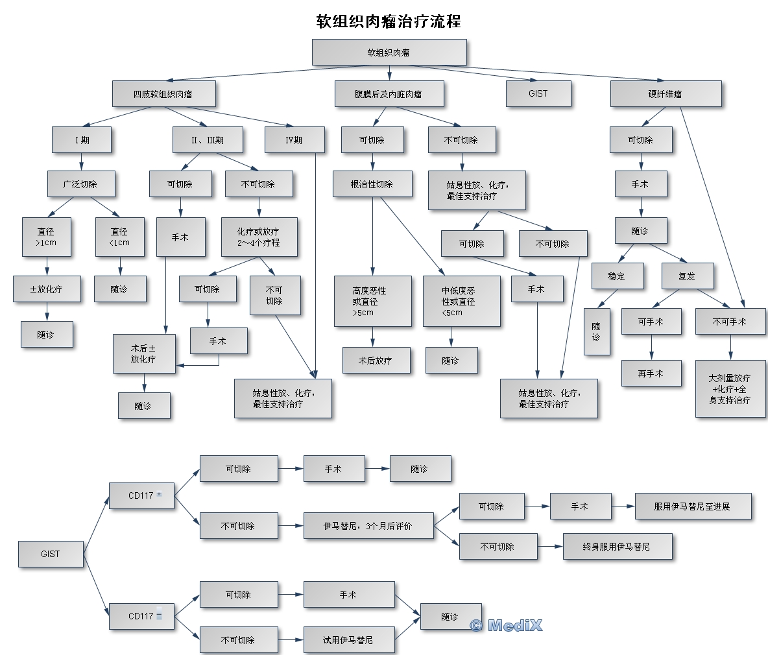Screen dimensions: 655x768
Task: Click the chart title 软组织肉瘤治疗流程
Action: tap(389, 21)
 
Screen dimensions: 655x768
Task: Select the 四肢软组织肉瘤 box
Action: tap(163, 94)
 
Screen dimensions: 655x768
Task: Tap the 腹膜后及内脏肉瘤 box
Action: tap(389, 94)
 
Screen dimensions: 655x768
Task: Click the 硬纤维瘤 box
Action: tap(666, 94)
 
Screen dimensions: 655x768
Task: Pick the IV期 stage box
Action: tap(294, 140)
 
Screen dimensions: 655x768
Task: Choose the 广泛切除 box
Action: tap(80, 184)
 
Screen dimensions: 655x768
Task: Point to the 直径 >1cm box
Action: tap(47, 237)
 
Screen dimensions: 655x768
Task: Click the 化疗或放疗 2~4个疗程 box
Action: tap(259, 237)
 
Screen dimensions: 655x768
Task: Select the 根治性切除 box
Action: tap(372, 184)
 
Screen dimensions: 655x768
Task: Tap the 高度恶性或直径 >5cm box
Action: tap(372, 301)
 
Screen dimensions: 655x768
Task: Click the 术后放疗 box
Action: tap(376, 361)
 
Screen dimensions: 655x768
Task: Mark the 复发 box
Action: tap(687, 276)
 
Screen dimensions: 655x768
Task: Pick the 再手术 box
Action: tap(651, 374)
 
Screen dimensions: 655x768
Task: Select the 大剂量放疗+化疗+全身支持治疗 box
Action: tap(730, 389)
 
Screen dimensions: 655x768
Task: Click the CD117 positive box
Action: tap(141, 495)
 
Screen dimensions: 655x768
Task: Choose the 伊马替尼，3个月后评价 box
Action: tap(368, 526)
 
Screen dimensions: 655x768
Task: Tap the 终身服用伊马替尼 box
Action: tap(617, 547)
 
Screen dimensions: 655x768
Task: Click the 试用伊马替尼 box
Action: tap(348, 640)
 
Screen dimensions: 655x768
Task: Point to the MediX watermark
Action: tap(507, 625)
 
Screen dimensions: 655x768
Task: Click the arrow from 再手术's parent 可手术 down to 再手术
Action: tap(651, 348)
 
